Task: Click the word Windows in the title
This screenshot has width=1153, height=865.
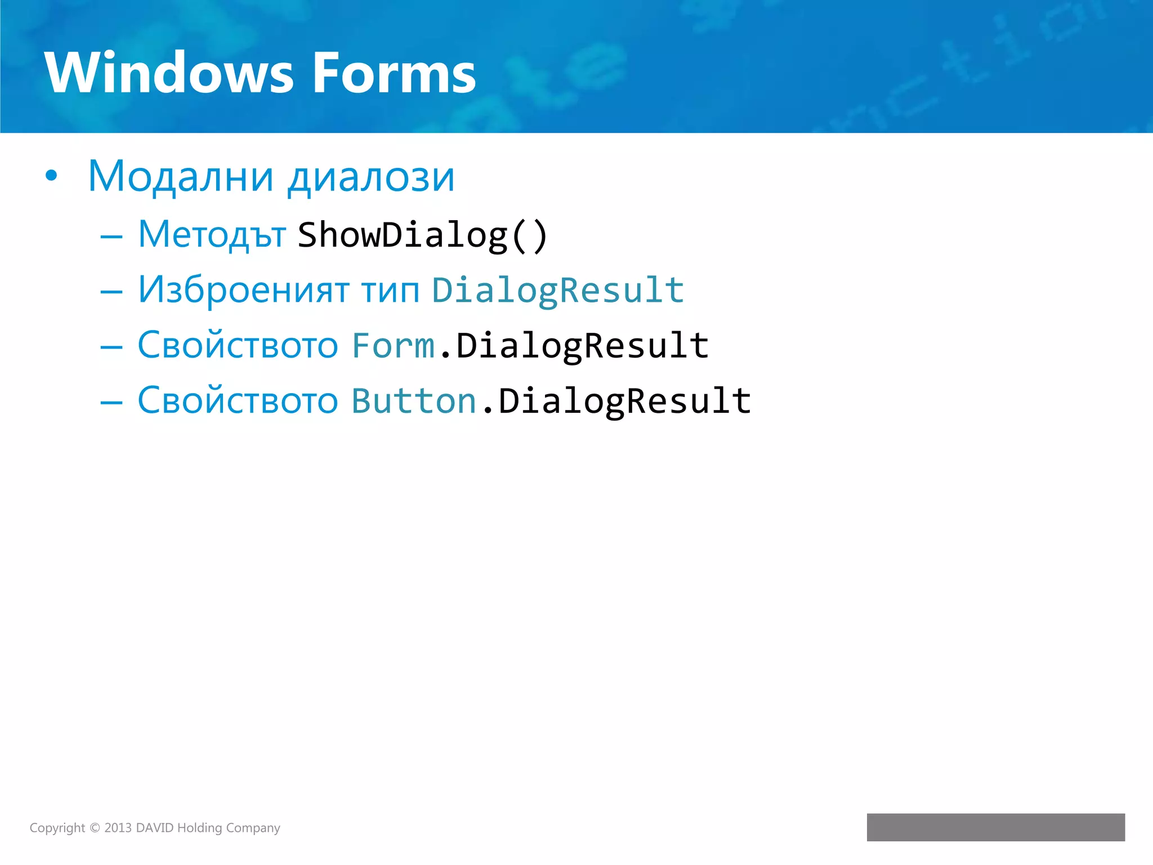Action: coord(169,73)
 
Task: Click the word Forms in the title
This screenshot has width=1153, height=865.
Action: coord(394,73)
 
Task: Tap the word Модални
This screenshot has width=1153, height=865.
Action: coord(181,177)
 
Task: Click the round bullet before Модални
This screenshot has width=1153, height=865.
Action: coord(51,176)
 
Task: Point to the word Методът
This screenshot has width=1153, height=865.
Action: coord(212,235)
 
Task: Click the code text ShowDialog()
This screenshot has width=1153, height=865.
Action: coord(422,235)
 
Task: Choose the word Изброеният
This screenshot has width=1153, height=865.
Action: coord(244,290)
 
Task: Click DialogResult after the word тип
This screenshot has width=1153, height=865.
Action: coord(558,291)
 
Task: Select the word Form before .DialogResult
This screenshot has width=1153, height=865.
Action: coord(393,345)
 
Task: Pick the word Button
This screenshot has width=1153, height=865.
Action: coord(414,400)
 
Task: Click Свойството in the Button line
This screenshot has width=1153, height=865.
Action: coord(238,400)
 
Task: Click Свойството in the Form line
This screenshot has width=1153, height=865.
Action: coord(238,345)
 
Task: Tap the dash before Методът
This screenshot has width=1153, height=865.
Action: coord(111,237)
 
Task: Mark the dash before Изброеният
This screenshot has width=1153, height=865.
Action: coord(111,292)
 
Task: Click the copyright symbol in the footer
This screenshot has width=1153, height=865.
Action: coord(95,828)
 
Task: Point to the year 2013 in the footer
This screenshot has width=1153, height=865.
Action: coord(118,828)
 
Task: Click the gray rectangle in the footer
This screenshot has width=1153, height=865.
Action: coord(995,827)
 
